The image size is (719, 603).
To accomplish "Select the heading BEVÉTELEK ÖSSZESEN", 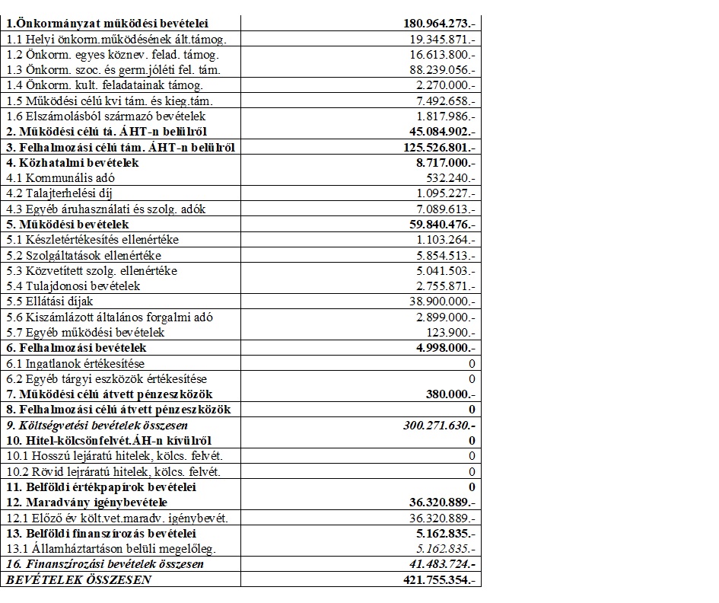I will (x=78, y=580).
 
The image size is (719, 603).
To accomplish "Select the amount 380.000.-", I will (x=450, y=394).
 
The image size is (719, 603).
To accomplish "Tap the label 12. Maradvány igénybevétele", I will (x=86, y=502).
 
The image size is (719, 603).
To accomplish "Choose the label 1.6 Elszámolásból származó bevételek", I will (x=105, y=116).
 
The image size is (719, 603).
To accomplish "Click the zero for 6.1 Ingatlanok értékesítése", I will (x=472, y=364).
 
